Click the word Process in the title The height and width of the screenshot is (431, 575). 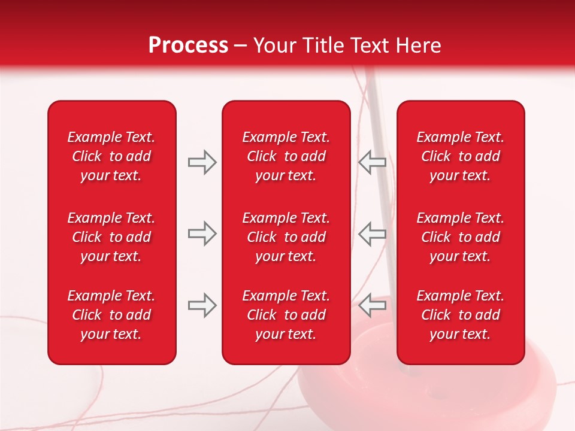pyautogui.click(x=188, y=45)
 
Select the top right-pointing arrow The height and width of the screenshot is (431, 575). pyautogui.click(x=202, y=162)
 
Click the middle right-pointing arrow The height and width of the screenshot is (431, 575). pyautogui.click(x=202, y=233)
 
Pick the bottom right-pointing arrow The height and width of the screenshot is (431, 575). pyautogui.click(x=202, y=305)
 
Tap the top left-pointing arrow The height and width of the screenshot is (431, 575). pyautogui.click(x=373, y=162)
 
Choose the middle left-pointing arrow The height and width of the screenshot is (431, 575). pyautogui.click(x=373, y=233)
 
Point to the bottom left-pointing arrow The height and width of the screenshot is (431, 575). pyautogui.click(x=373, y=305)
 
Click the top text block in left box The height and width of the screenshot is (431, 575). pyautogui.click(x=111, y=156)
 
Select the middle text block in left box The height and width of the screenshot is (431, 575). pyautogui.click(x=111, y=237)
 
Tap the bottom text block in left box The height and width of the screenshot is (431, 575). pyautogui.click(x=111, y=315)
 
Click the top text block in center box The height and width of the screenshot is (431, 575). pyautogui.click(x=286, y=156)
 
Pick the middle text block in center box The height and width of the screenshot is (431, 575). pyautogui.click(x=286, y=237)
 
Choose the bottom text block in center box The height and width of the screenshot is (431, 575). pyautogui.click(x=286, y=315)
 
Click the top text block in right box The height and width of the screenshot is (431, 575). pyautogui.click(x=460, y=156)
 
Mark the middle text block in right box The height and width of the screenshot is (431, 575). pyautogui.click(x=460, y=237)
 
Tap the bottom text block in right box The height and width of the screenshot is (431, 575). pyautogui.click(x=460, y=315)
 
